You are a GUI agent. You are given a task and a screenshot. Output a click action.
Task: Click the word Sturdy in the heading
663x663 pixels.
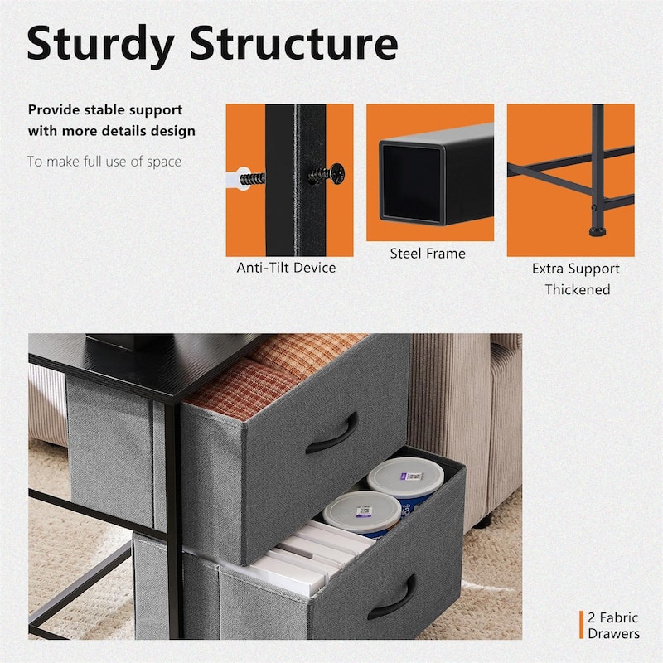point(100,45)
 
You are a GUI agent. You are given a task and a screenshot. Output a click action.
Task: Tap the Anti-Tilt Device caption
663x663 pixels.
point(286,268)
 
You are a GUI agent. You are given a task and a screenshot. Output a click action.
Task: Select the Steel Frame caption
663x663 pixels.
point(428,254)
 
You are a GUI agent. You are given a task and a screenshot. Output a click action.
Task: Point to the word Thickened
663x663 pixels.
point(577,289)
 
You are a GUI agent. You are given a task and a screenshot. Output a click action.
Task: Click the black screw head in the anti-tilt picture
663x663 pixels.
point(337,174)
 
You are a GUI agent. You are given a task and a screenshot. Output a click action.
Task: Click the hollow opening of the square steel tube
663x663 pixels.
point(411,182)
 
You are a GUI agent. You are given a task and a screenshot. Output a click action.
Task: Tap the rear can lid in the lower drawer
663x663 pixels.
point(404,475)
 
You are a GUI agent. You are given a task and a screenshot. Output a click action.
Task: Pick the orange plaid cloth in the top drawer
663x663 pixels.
point(271,372)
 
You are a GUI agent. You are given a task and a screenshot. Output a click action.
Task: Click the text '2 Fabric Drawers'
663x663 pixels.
point(613,626)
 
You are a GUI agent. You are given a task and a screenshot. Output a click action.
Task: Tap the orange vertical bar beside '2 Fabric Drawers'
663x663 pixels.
point(581,625)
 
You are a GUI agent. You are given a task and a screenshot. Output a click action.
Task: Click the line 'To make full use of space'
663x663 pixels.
point(104,162)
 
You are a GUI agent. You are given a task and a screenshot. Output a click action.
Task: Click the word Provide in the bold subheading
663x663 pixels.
point(54,110)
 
